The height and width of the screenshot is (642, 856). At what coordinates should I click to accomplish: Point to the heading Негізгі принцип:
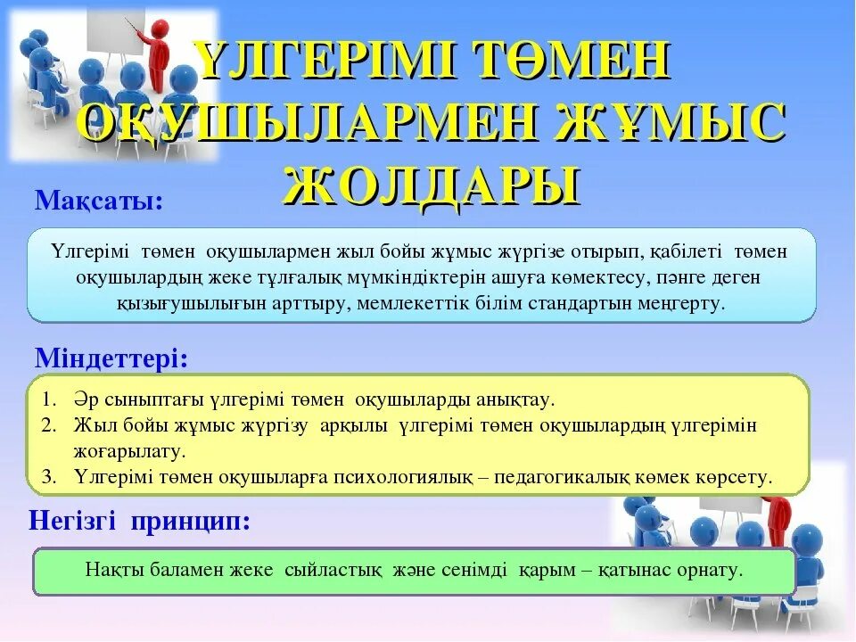139,521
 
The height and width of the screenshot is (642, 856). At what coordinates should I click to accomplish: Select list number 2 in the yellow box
49,424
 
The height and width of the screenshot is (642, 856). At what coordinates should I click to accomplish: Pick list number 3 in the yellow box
49,476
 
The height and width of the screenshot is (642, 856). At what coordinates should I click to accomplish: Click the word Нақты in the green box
111,570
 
